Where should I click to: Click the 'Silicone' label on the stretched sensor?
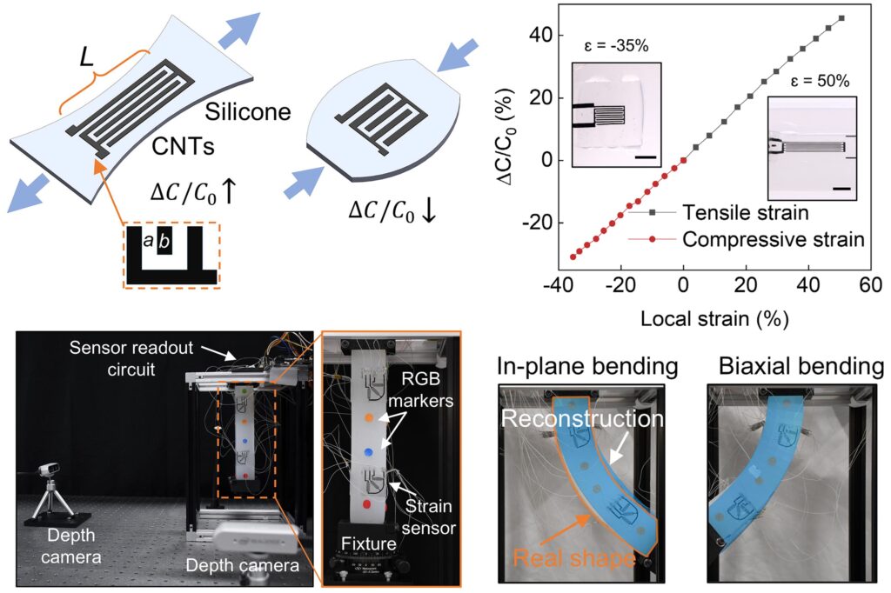pyautogui.click(x=248, y=111)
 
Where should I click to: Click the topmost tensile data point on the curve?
pyautogui.click(x=841, y=18)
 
